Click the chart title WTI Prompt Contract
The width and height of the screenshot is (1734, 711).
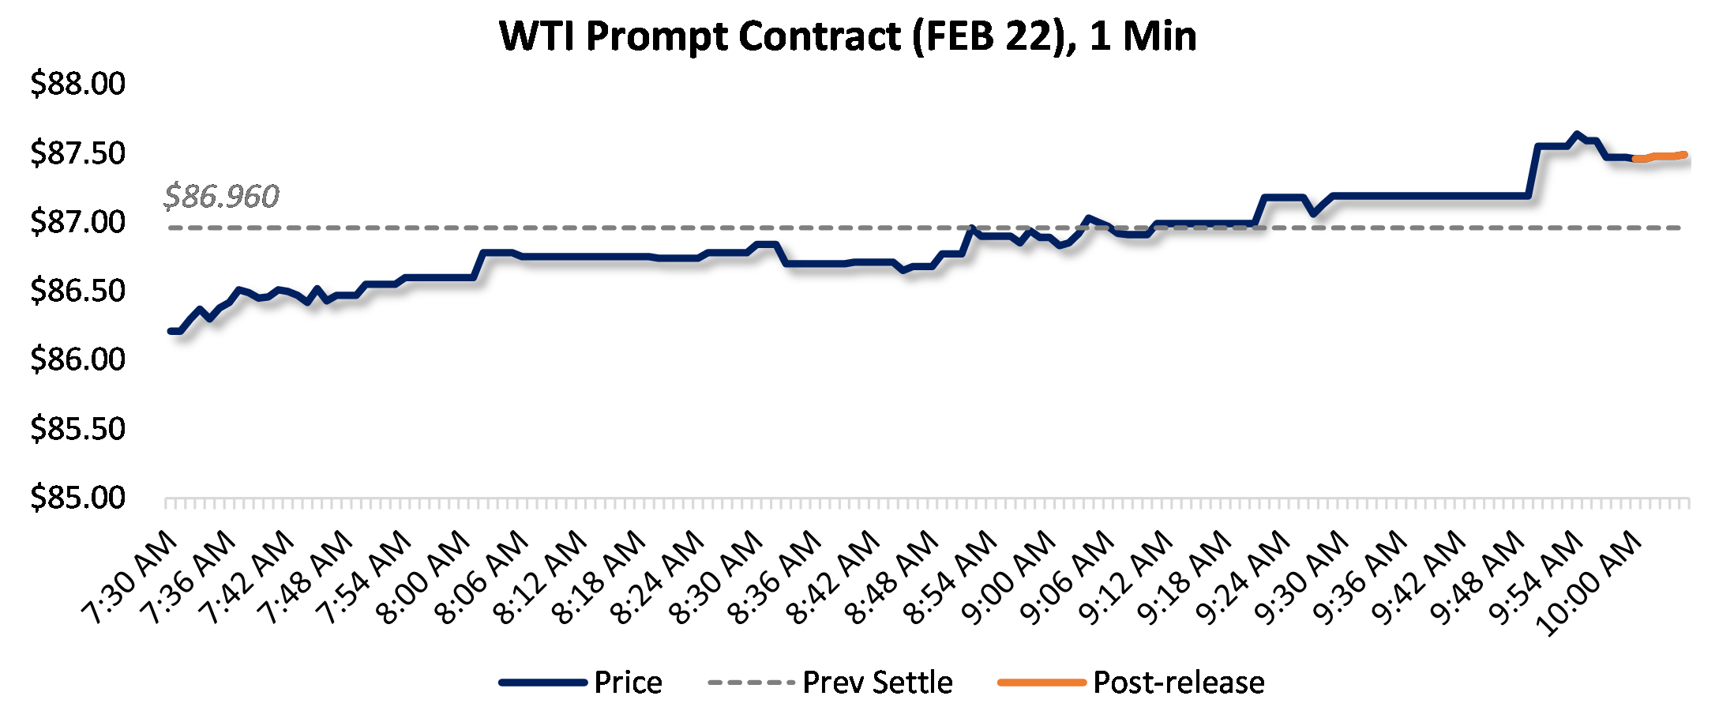tap(847, 36)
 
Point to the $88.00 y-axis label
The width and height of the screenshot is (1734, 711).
tap(77, 84)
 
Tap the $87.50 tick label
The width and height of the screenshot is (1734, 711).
tap(77, 152)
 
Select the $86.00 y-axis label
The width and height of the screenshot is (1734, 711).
tap(77, 359)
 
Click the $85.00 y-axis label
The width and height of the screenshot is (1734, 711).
tap(77, 498)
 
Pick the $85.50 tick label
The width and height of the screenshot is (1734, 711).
tap(77, 429)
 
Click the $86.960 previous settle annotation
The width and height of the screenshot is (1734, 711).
tap(221, 196)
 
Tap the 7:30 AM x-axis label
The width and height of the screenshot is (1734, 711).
tap(131, 578)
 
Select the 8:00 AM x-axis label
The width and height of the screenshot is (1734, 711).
tap(425, 578)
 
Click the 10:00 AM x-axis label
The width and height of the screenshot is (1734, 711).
tap(1589, 585)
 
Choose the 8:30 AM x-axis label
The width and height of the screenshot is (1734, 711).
tap(717, 578)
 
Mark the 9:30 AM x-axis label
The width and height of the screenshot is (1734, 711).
tap(1303, 578)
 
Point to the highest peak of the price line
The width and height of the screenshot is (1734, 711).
tap(1577, 134)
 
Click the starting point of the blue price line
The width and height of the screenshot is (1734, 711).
tap(171, 331)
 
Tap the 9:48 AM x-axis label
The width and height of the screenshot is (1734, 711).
tap(1478, 578)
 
